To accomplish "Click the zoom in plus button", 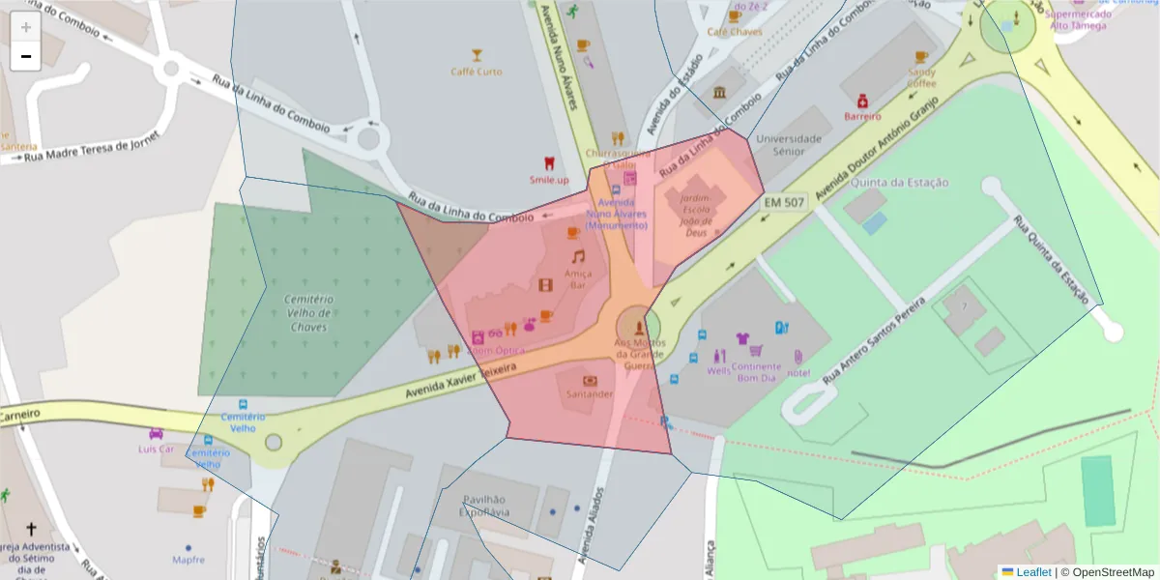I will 26,27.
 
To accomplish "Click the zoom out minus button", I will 26,56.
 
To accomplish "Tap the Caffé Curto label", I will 477,72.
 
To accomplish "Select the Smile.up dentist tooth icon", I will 549,163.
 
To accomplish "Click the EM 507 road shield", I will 784,203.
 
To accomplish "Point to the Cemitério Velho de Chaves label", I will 309,313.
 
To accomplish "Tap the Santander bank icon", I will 590,380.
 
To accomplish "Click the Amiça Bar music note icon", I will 578,257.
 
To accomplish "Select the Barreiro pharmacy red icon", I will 862,101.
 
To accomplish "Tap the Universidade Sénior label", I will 789,145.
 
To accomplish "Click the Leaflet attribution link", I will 1033,572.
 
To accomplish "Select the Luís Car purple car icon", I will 156,434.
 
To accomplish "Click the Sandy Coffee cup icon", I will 920,57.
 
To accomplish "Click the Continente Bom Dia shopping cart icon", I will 756,351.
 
